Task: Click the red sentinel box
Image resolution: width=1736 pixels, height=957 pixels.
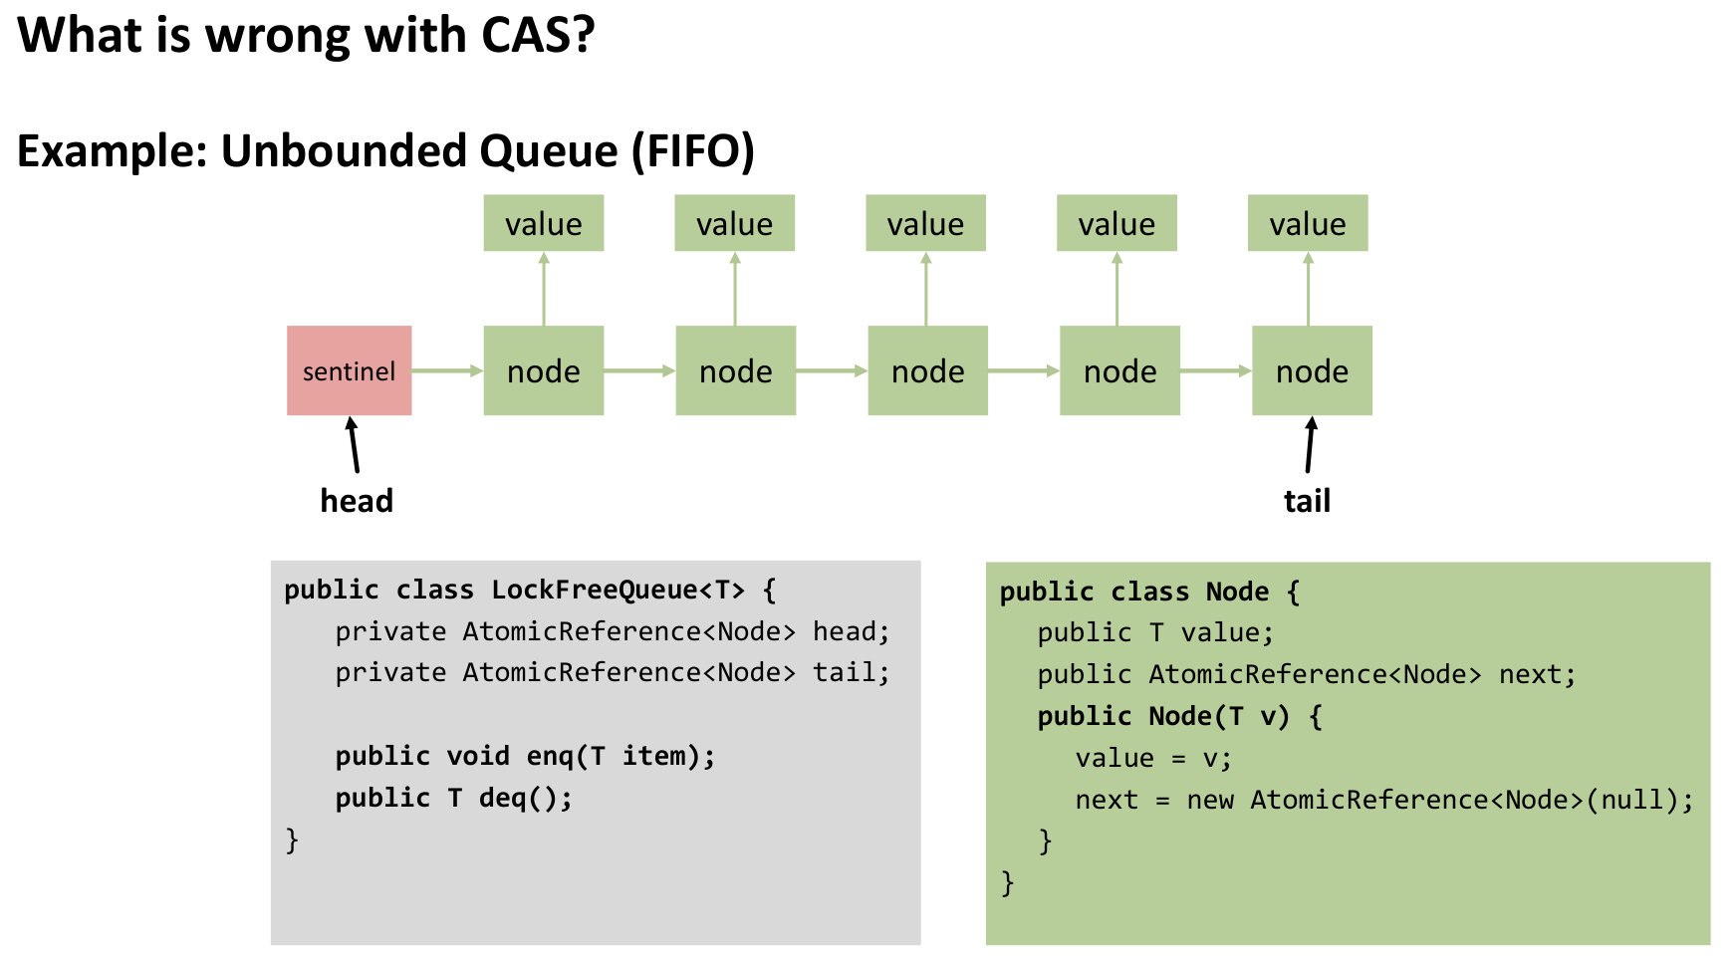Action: pos(349,370)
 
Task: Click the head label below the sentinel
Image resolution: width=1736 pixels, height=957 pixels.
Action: pos(357,500)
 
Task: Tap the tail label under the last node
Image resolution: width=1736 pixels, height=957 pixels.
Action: pos(1307,500)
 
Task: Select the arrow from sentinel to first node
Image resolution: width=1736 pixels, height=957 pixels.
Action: pos(447,370)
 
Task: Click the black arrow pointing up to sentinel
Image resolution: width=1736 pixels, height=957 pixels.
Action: pos(353,444)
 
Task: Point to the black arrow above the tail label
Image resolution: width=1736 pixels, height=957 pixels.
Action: pos(1310,444)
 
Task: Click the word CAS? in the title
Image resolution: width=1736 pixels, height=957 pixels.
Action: pos(538,36)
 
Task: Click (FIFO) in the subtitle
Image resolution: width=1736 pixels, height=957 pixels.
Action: pos(693,151)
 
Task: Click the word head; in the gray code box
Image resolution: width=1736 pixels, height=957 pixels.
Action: pos(852,631)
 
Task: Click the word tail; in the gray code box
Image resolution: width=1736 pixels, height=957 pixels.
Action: pos(852,672)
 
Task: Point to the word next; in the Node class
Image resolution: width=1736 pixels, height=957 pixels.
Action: pos(1537,674)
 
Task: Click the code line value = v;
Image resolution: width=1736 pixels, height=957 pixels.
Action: pos(1153,758)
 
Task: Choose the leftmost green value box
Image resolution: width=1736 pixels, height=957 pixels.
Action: pos(544,223)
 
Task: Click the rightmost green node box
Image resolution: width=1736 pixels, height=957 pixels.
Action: pos(1312,370)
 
